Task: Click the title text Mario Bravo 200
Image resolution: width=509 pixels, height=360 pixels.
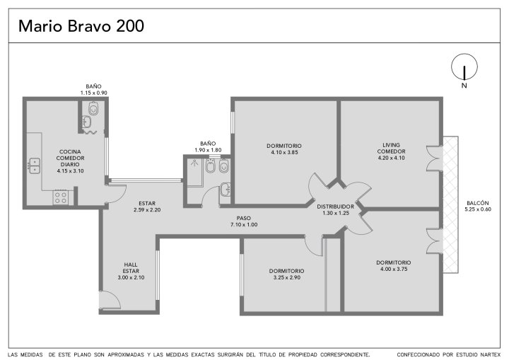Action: pyautogui.click(x=81, y=26)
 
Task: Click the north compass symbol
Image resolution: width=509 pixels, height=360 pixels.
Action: pyautogui.click(x=464, y=67)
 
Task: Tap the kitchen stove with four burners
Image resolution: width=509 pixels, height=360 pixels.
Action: pyautogui.click(x=61, y=197)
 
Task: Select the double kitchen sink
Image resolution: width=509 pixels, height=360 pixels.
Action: pyautogui.click(x=35, y=166)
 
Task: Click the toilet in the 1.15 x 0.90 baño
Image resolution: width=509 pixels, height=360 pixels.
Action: pyautogui.click(x=93, y=108)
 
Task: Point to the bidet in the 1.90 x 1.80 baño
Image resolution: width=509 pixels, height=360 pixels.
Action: pyautogui.click(x=211, y=166)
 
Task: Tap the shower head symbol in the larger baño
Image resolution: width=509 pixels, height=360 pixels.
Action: pyautogui.click(x=194, y=163)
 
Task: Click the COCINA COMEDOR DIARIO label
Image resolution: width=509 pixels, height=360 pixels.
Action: pyautogui.click(x=70, y=158)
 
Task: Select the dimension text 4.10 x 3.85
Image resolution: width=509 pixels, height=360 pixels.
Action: pyautogui.click(x=284, y=152)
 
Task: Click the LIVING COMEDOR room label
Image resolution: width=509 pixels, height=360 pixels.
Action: pyautogui.click(x=391, y=148)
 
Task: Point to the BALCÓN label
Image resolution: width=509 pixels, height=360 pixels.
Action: pyautogui.click(x=477, y=203)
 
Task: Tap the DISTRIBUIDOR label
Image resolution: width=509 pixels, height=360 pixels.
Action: pyautogui.click(x=336, y=207)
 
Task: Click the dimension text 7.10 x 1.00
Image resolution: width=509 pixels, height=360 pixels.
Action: pyautogui.click(x=244, y=224)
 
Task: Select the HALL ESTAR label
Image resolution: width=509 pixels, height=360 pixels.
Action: pyautogui.click(x=131, y=268)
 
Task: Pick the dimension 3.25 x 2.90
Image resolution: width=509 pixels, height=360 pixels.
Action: pyautogui.click(x=286, y=277)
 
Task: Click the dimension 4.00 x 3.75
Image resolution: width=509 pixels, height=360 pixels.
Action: pyautogui.click(x=394, y=269)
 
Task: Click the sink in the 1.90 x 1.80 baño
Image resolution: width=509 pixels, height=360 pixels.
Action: pyautogui.click(x=226, y=190)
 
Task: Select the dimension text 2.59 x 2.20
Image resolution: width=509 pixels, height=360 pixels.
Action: pyautogui.click(x=147, y=210)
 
